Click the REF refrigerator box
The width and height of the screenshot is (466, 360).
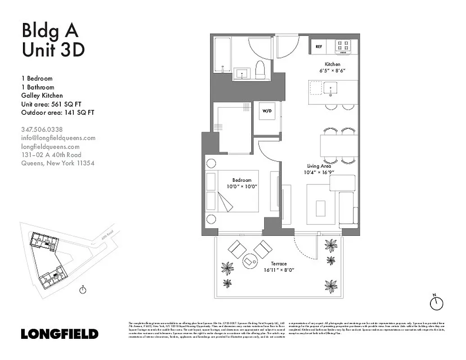click(319, 46)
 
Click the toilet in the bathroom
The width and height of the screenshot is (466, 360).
click(260, 70)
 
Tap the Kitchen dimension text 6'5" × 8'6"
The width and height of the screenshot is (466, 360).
click(332, 71)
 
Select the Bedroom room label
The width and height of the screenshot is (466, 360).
click(242, 180)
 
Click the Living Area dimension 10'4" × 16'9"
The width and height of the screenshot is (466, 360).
click(319, 172)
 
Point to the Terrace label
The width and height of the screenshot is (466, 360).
click(279, 264)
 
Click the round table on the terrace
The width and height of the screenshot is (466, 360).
click(249, 261)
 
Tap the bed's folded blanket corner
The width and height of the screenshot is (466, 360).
click(225, 201)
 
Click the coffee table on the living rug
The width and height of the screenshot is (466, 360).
click(321, 208)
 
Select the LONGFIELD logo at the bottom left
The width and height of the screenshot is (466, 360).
click(59, 334)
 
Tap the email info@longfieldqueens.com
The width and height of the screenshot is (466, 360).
click(58, 138)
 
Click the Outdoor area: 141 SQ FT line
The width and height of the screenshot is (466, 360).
click(58, 113)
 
